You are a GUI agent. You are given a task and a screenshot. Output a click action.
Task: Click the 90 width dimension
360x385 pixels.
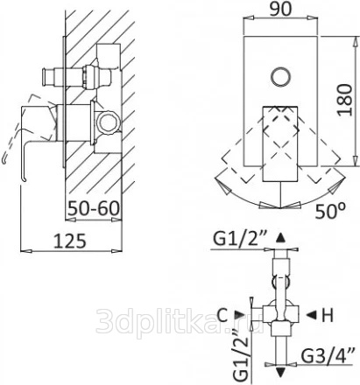coord(279,10)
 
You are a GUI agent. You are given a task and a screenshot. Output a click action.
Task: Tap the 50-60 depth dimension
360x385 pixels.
coord(94,208)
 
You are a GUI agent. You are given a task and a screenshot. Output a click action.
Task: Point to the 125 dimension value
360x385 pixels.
coord(70,241)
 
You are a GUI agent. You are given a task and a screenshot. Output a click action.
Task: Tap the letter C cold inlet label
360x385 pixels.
coord(222,315)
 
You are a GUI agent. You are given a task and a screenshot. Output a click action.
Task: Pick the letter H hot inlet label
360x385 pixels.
coord(328,315)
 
